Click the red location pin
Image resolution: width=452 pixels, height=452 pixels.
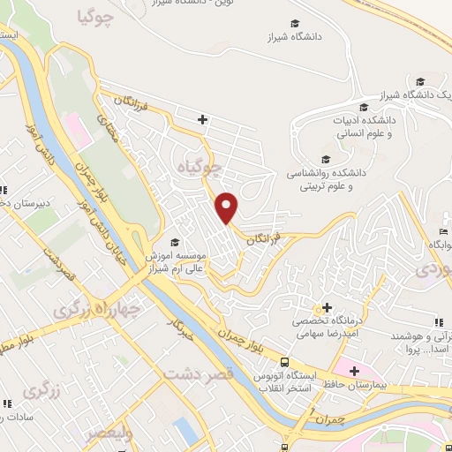[228, 207]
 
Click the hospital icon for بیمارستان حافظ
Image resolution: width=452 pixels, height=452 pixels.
[355, 371]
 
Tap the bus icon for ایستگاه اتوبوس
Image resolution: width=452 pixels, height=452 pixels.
[284, 362]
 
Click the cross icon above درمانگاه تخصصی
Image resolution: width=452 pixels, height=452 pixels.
[328, 307]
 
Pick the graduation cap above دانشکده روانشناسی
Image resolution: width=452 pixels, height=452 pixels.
[326, 159]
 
